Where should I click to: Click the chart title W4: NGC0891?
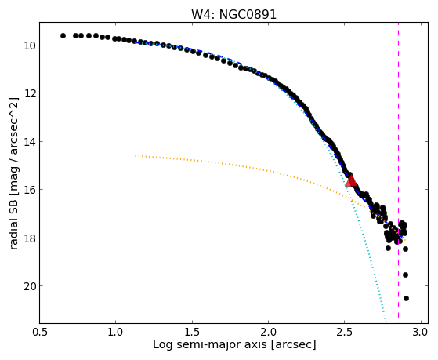[x=233, y=15]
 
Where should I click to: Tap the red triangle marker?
[x=351, y=180]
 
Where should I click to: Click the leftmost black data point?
[x=63, y=35]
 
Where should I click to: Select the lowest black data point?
[x=406, y=299]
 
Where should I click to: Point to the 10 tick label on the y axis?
[x=29, y=45]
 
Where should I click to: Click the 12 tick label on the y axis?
[x=29, y=93]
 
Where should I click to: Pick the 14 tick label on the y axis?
[x=29, y=141]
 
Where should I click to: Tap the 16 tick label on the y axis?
[x=29, y=190]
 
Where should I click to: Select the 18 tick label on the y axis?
[x=29, y=238]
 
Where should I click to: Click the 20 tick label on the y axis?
[x=29, y=286]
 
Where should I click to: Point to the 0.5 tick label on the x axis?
[x=40, y=332]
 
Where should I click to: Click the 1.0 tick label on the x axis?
[x=116, y=332]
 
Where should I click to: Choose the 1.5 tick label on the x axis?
[x=192, y=332]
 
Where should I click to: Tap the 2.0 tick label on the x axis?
[x=268, y=332]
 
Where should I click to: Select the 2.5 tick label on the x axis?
[x=345, y=332]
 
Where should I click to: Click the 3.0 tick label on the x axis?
[x=421, y=332]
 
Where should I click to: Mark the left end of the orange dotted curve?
[x=136, y=155]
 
